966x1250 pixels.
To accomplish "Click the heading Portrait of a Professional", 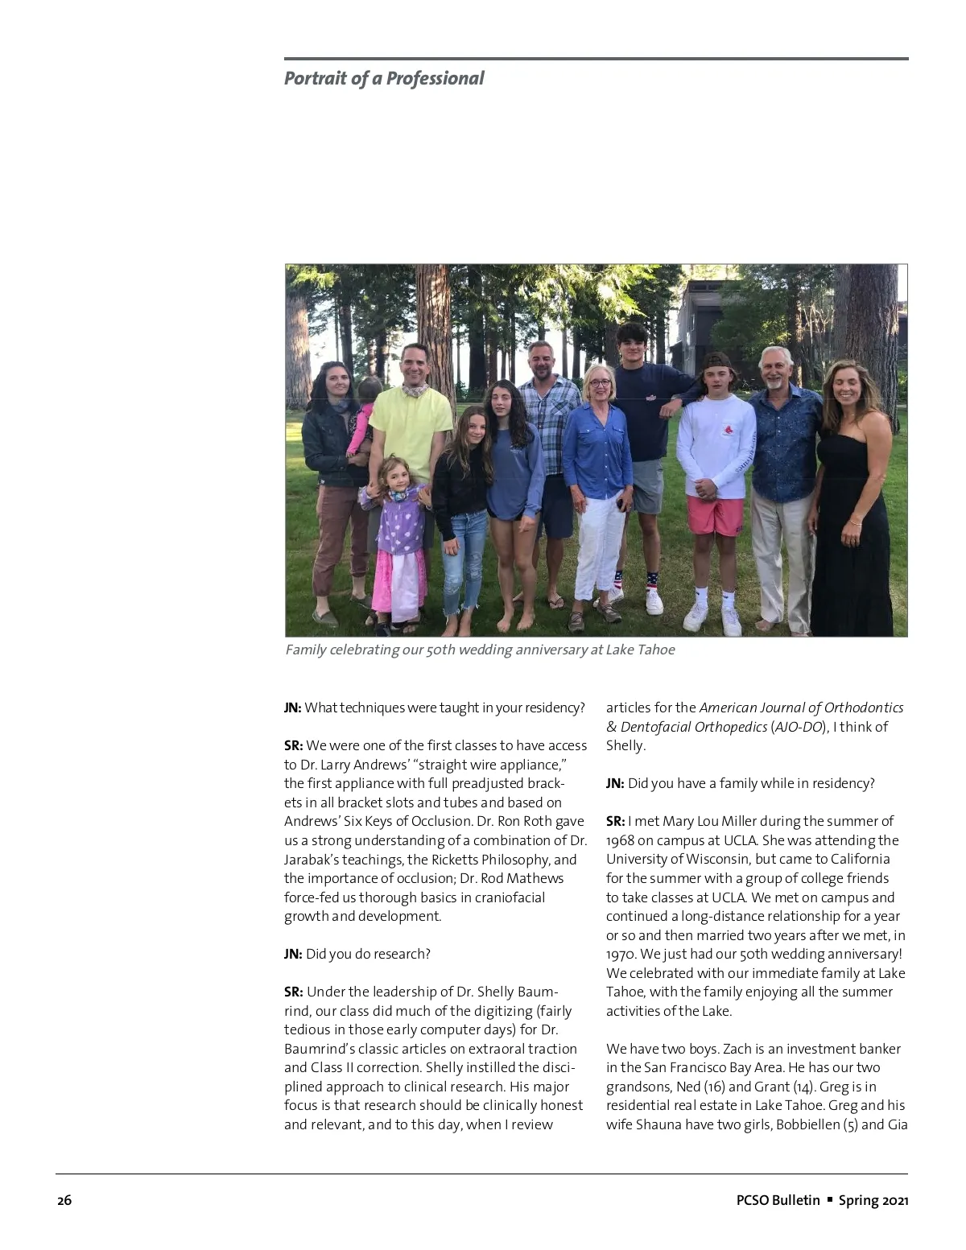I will tap(384, 79).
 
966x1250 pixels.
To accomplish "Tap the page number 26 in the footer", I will tap(64, 1201).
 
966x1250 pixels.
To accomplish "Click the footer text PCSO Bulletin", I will tap(778, 1201).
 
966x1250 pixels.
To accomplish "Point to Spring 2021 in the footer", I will tap(873, 1201).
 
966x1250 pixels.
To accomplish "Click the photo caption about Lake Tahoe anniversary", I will tap(480, 650).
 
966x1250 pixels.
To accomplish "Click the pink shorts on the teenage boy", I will tap(716, 515).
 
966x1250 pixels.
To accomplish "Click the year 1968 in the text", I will tap(621, 841).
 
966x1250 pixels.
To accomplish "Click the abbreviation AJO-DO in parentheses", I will tap(796, 728).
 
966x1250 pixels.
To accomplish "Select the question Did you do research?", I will tap(368, 955).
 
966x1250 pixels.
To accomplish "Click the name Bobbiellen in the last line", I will tap(807, 1125).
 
